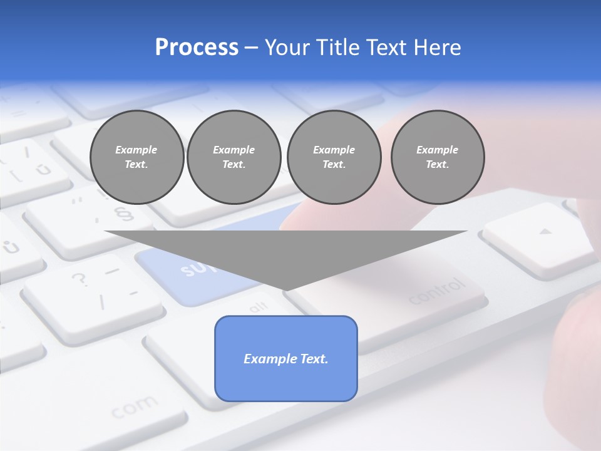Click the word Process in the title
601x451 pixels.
pos(197,48)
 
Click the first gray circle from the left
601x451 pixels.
pos(137,157)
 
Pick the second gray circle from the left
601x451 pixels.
pos(234,157)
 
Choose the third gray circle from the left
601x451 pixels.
pos(334,157)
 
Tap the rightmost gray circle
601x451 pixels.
pos(438,157)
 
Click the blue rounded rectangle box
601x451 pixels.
pos(286,358)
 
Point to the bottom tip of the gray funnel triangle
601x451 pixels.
pos(286,289)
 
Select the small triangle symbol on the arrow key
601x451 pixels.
pos(546,232)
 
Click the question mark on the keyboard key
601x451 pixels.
pos(80,279)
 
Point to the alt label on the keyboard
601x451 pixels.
pos(258,306)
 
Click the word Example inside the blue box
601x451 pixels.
pos(270,359)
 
